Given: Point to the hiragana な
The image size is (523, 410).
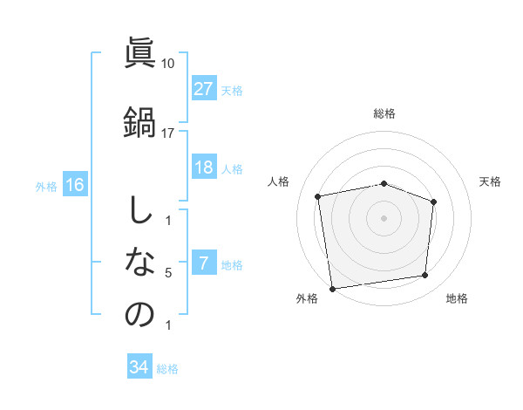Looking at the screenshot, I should click(139, 263).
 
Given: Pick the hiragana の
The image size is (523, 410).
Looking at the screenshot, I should click(139, 314).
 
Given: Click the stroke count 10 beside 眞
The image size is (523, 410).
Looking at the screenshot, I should click(168, 64).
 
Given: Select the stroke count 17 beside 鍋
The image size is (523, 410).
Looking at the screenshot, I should click(168, 133).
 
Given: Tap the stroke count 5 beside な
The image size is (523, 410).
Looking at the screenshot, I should click(168, 273).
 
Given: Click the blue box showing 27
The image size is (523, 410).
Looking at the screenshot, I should click(204, 89).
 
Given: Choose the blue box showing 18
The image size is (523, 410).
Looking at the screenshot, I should click(204, 167).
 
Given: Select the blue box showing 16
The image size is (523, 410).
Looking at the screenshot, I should click(75, 185).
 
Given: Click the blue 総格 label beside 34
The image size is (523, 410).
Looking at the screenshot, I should click(167, 369).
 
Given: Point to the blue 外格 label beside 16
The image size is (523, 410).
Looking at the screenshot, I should click(46, 186).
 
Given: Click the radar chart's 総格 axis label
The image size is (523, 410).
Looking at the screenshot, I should click(384, 113).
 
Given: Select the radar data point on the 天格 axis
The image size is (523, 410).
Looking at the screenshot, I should click(433, 202).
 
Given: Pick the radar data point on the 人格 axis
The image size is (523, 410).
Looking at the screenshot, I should click(319, 196).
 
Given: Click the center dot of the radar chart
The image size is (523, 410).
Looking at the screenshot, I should click(384, 217).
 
